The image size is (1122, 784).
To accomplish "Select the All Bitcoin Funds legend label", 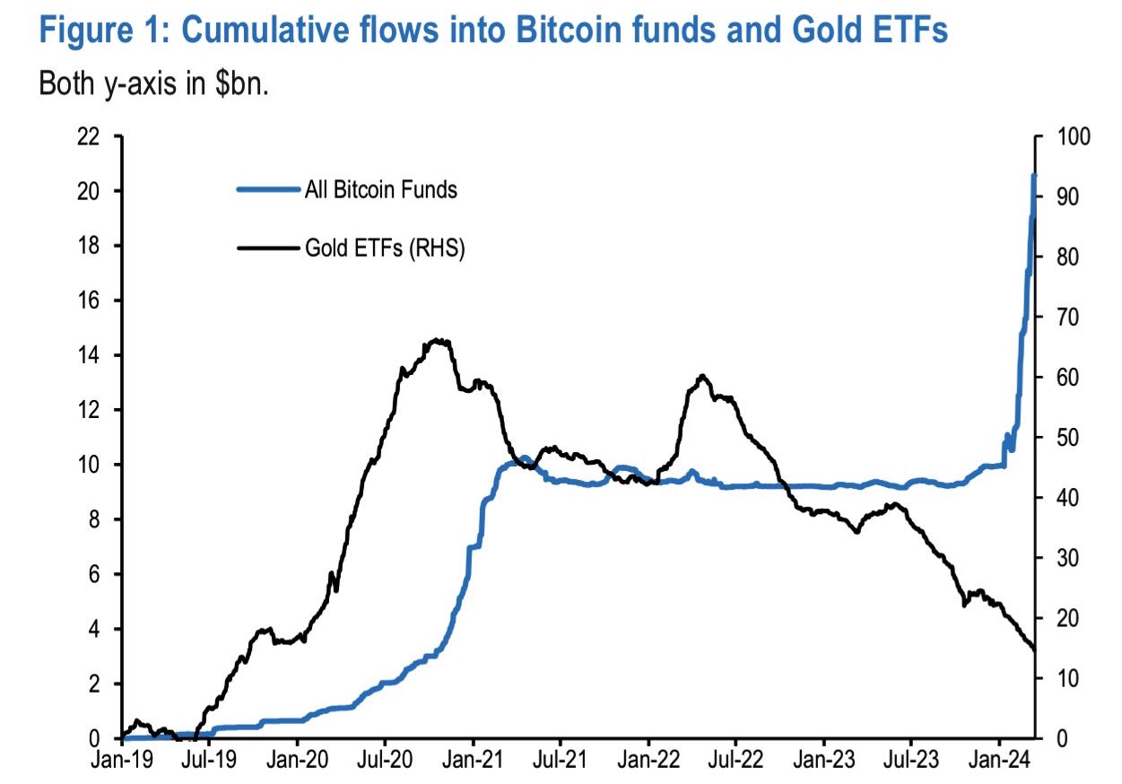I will [x=381, y=190].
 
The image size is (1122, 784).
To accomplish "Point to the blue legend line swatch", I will [x=268, y=190].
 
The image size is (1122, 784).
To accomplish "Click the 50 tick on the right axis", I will [x=1065, y=438].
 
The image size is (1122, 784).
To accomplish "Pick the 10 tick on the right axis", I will [x=1065, y=678].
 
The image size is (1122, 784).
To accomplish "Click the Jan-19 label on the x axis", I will [x=121, y=761].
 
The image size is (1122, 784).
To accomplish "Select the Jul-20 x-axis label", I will [x=384, y=761].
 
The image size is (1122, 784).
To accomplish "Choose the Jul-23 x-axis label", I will [x=910, y=761].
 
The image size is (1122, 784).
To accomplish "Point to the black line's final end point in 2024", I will [x=1035, y=650].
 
